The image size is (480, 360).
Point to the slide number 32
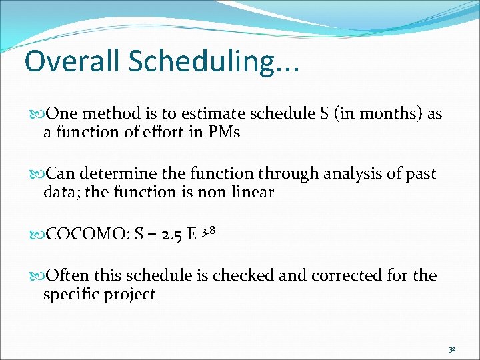pyautogui.click(x=451, y=349)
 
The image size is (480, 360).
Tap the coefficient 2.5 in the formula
pyautogui.click(x=173, y=235)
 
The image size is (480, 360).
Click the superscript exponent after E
pyautogui.click(x=208, y=230)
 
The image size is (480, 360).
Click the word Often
pyautogui.click(x=69, y=276)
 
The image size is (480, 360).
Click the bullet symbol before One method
pyautogui.click(x=37, y=114)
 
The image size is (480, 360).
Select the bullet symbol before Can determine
pyautogui.click(x=37, y=175)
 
